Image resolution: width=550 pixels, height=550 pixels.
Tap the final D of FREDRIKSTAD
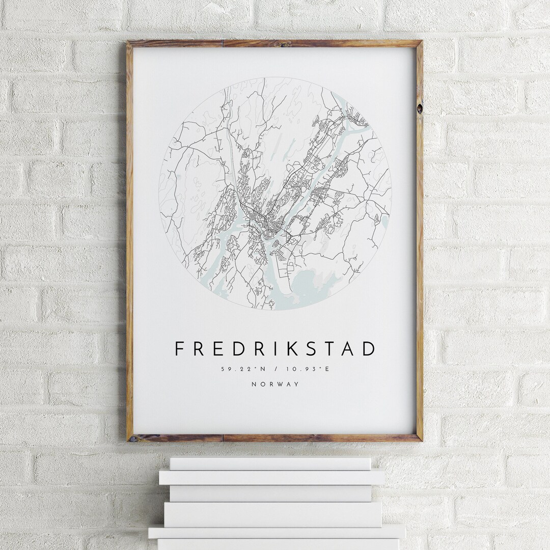(x=369, y=349)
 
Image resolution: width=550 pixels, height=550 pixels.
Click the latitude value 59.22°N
(x=236, y=369)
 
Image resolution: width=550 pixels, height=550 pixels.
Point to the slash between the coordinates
(x=274, y=369)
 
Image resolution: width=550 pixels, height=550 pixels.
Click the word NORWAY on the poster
(x=275, y=384)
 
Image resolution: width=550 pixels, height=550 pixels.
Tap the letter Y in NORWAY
(x=296, y=384)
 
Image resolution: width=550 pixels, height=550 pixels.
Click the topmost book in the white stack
(x=270, y=463)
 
